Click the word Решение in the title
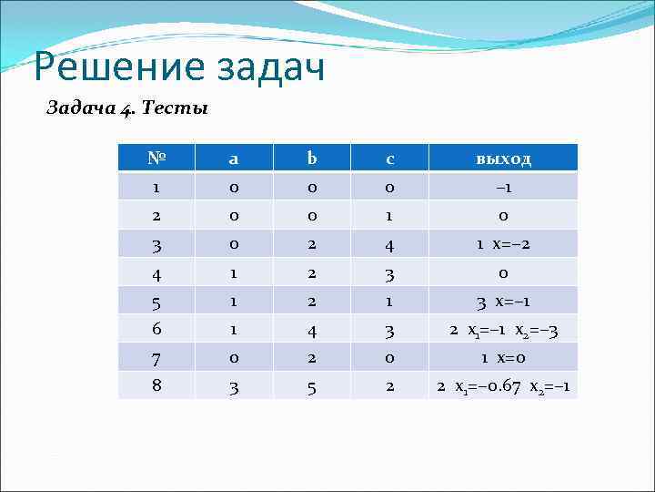103,69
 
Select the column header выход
503,159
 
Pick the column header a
233,159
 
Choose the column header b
311,159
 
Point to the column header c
389,159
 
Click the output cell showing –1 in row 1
503,187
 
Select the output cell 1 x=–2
503,244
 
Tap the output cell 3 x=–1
503,302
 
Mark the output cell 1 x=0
503,358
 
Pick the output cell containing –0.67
503,387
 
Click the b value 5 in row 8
311,387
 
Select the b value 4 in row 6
311,330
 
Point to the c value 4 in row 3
389,244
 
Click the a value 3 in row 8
233,387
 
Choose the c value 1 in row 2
389,215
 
